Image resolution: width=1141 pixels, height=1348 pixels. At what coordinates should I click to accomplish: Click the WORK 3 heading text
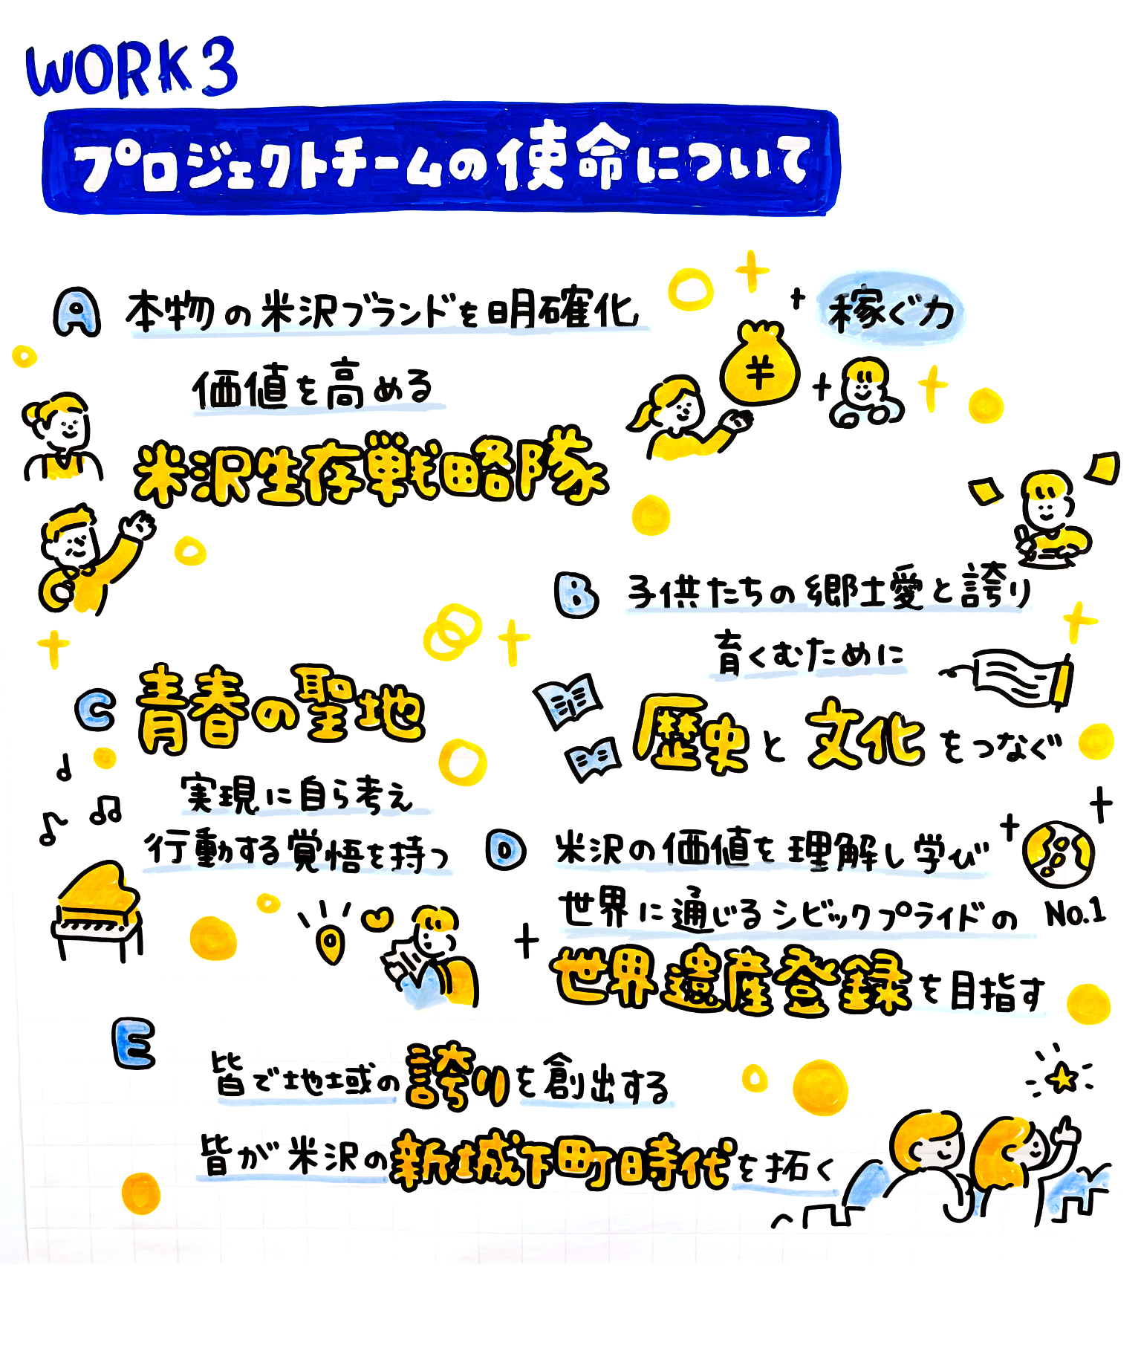click(x=131, y=68)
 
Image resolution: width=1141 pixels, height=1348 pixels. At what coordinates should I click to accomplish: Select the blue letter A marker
click(x=77, y=314)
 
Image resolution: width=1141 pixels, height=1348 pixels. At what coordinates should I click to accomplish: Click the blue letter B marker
click(x=576, y=594)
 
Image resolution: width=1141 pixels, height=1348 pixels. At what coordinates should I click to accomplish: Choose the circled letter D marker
click(x=507, y=850)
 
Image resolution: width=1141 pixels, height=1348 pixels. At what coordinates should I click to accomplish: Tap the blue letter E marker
click(x=134, y=1043)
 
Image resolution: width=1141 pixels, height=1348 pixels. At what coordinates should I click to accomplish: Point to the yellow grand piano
click(x=97, y=910)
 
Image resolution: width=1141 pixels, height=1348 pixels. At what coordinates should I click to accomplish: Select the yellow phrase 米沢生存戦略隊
click(x=370, y=470)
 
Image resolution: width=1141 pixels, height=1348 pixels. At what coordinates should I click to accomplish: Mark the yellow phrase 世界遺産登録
click(x=732, y=981)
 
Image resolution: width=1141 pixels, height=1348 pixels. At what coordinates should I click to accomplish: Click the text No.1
click(x=1074, y=913)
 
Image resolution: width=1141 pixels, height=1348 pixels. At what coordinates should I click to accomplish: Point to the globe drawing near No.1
click(x=1056, y=855)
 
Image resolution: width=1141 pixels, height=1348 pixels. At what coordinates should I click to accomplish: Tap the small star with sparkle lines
click(x=1063, y=1078)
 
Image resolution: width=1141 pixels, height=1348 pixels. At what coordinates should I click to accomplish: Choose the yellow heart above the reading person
click(x=378, y=918)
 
